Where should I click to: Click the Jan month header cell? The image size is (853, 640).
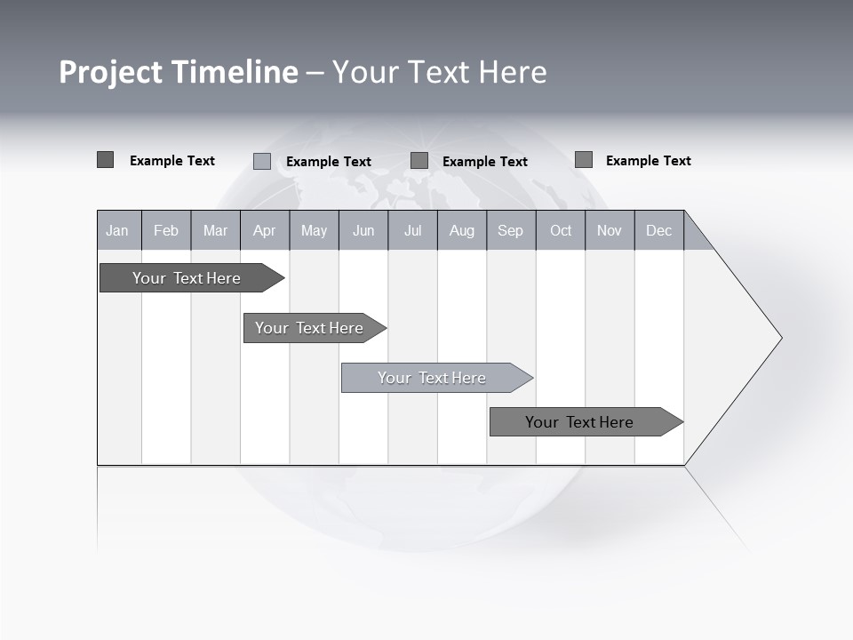(x=118, y=230)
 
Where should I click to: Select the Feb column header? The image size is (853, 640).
(x=166, y=230)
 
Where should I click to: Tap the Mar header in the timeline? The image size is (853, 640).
(x=215, y=230)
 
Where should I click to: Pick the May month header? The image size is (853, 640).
(x=314, y=230)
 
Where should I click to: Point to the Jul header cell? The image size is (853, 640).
(x=412, y=230)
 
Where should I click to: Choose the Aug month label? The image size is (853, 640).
(x=461, y=230)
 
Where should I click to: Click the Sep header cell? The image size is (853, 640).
(x=511, y=230)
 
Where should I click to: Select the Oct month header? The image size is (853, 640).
(x=561, y=230)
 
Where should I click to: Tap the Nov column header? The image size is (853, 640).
(x=610, y=230)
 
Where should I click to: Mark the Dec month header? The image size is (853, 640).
(x=659, y=230)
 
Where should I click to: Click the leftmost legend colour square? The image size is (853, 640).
(x=105, y=160)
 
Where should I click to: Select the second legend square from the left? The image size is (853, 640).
(x=262, y=161)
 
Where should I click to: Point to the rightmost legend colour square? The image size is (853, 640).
(x=584, y=160)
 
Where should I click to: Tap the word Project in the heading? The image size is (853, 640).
(x=111, y=72)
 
